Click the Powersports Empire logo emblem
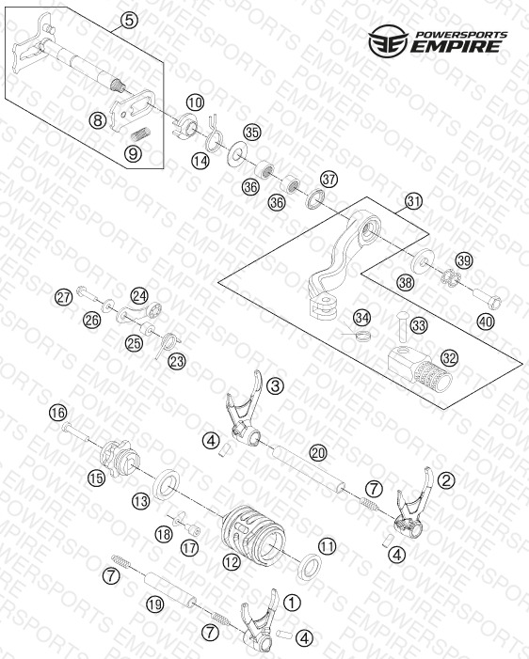pos(388,40)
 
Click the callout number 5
pos(129,20)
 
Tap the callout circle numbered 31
pos(413,201)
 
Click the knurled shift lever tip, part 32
pos(420,369)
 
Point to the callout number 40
pos(486,322)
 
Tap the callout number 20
pos(318,453)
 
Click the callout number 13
pos(140,500)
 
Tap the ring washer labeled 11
pos(310,567)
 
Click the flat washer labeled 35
pos(237,154)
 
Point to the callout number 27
pos(64,298)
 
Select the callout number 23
pos(177,361)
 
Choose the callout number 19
pos(155,604)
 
